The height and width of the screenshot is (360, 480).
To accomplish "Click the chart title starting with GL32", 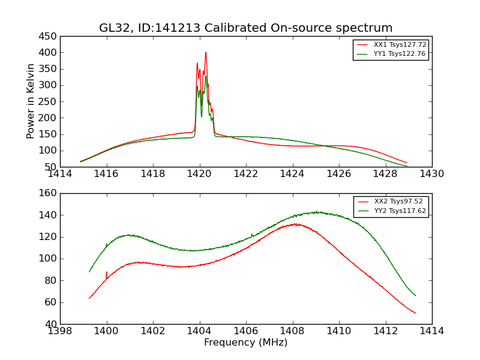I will click(x=246, y=28).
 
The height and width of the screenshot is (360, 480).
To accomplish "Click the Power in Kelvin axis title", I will click(x=31, y=101).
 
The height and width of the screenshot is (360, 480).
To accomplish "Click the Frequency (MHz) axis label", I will click(x=246, y=343).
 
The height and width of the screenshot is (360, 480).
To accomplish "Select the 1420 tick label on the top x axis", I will click(x=199, y=174).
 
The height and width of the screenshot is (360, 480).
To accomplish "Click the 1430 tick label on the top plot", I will click(x=431, y=174).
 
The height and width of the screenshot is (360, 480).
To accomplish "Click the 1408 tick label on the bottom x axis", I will click(x=292, y=331).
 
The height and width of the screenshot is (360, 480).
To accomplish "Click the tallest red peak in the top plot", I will click(x=206, y=52).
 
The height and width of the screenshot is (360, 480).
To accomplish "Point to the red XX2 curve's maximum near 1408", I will click(x=295, y=224).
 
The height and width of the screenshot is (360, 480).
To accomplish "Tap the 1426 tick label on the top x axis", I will click(x=339, y=174).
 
